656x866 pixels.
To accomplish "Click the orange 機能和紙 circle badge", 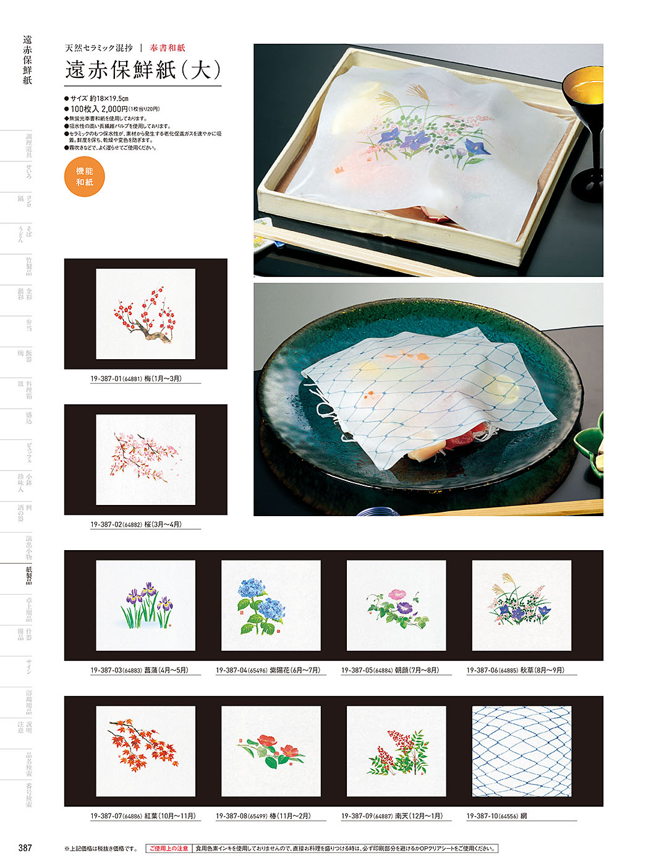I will [x=85, y=177].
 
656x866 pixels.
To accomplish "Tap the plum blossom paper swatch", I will [x=145, y=314].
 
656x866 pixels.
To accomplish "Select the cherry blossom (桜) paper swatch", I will [x=145, y=460].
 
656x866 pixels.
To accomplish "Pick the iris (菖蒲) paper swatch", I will [x=145, y=606].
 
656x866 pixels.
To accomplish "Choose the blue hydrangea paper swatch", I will [x=271, y=606].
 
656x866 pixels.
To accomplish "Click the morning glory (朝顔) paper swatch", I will [x=396, y=606].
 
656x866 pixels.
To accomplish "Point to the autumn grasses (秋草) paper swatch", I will [x=521, y=606].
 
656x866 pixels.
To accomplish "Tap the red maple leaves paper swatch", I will [x=145, y=752].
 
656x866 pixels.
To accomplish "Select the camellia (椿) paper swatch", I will [x=271, y=752].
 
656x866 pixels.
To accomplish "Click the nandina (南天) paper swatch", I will [x=396, y=752].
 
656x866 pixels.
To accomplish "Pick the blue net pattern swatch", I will [x=521, y=752].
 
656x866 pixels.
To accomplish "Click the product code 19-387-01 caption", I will [x=136, y=379].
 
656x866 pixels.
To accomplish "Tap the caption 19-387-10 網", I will [x=496, y=817].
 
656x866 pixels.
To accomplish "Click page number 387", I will [x=25, y=848].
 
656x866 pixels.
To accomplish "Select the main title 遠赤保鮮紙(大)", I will [x=143, y=70].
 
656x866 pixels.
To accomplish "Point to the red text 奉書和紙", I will [x=167, y=48].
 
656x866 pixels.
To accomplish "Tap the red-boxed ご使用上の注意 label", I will [x=169, y=849].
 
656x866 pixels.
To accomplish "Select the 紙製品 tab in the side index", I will [x=28, y=575].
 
